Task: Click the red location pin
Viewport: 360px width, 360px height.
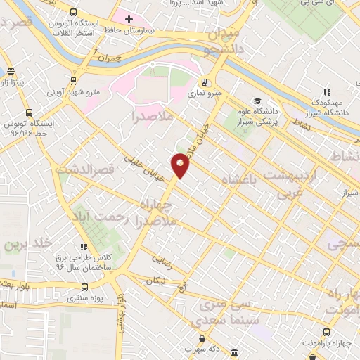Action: tap(181, 165)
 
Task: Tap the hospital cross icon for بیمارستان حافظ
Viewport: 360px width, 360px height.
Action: tap(129, 19)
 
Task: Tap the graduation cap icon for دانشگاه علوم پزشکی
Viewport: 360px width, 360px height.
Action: tap(257, 101)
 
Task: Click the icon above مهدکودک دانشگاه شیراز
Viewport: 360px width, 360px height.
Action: tap(327, 91)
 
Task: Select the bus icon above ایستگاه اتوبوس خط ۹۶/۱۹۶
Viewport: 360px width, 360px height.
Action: tap(29, 112)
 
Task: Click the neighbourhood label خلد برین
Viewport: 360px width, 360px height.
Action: tap(28, 245)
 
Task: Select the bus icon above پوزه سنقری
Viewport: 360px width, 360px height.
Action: tap(85, 287)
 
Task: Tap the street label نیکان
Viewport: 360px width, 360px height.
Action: tap(157, 281)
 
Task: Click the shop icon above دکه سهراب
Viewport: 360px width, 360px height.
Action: tap(191, 337)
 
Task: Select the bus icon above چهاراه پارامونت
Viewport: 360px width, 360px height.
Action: tap(326, 332)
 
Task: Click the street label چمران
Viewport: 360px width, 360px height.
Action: tap(108, 56)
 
